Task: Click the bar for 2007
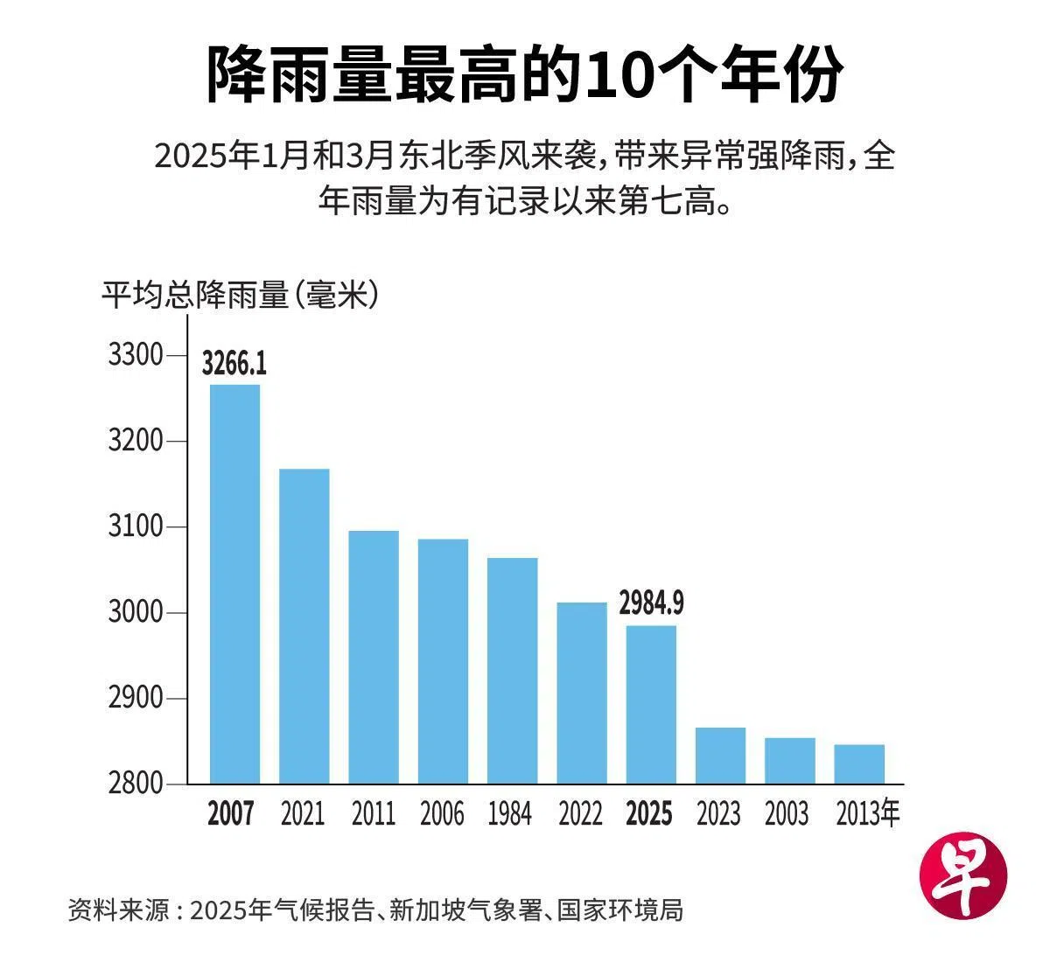pos(234,583)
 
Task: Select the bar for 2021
pos(304,625)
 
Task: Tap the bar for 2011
pos(374,656)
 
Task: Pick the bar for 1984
pos(512,670)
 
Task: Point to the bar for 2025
pos(651,704)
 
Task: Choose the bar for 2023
pos(720,755)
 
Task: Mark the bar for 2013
pos(859,763)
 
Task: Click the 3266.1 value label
pos(234,362)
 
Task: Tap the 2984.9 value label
pos(651,603)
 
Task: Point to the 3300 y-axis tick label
pos(136,355)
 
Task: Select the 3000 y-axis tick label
pos(136,612)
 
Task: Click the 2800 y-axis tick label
pos(136,784)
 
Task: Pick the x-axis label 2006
pos(442,814)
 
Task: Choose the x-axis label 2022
pos(581,814)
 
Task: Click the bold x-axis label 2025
pos(650,814)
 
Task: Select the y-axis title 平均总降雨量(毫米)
pos(241,295)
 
